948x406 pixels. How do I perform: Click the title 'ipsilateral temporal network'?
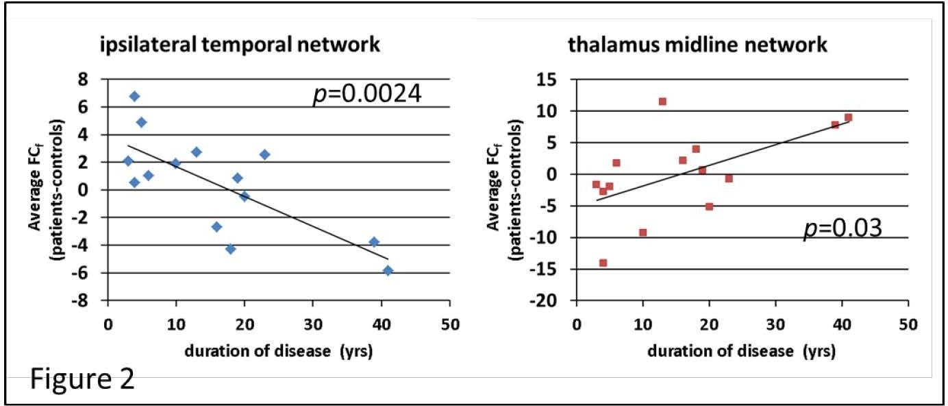point(238,46)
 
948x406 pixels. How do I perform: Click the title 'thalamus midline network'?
point(698,46)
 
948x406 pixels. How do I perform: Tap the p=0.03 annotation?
point(843,229)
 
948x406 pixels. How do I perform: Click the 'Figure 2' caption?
point(82,379)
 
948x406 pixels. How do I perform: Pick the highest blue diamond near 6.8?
point(134,97)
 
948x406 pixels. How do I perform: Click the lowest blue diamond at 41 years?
point(388,271)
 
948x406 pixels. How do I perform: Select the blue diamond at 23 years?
point(264,155)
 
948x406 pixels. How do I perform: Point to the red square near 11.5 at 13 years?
point(662,101)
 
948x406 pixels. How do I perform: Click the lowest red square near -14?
point(603,263)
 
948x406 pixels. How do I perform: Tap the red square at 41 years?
point(848,117)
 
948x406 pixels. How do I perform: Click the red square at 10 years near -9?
point(643,232)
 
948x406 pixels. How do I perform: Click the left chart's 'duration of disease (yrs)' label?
point(278,353)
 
